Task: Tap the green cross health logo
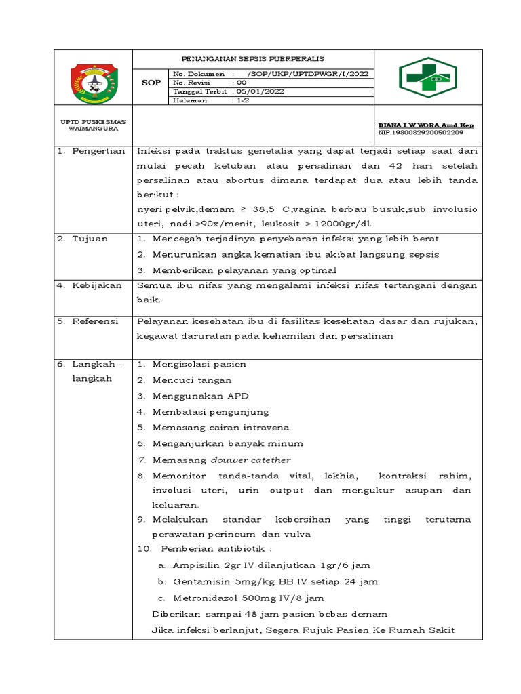click(427, 78)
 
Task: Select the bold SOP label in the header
click(151, 83)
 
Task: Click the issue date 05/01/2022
click(260, 91)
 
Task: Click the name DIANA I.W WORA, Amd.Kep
click(426, 125)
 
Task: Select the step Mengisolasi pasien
click(199, 364)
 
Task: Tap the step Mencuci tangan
click(192, 380)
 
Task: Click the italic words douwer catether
click(251, 460)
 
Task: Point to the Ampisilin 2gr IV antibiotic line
click(271, 565)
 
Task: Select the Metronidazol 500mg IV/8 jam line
click(248, 598)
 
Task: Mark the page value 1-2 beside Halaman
click(242, 100)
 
